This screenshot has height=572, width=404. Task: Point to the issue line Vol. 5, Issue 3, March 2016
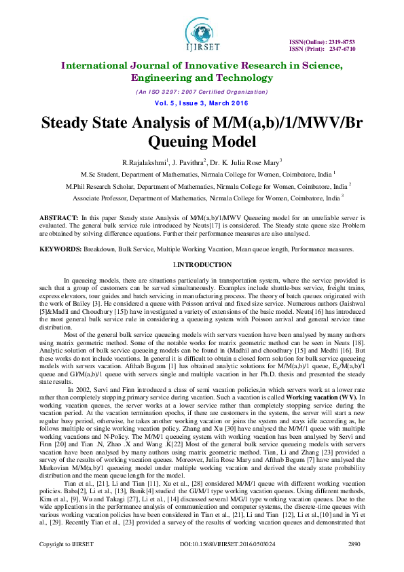(202, 104)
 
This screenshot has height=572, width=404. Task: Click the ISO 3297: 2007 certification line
(202, 92)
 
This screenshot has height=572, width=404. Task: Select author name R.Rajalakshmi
(145, 162)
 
